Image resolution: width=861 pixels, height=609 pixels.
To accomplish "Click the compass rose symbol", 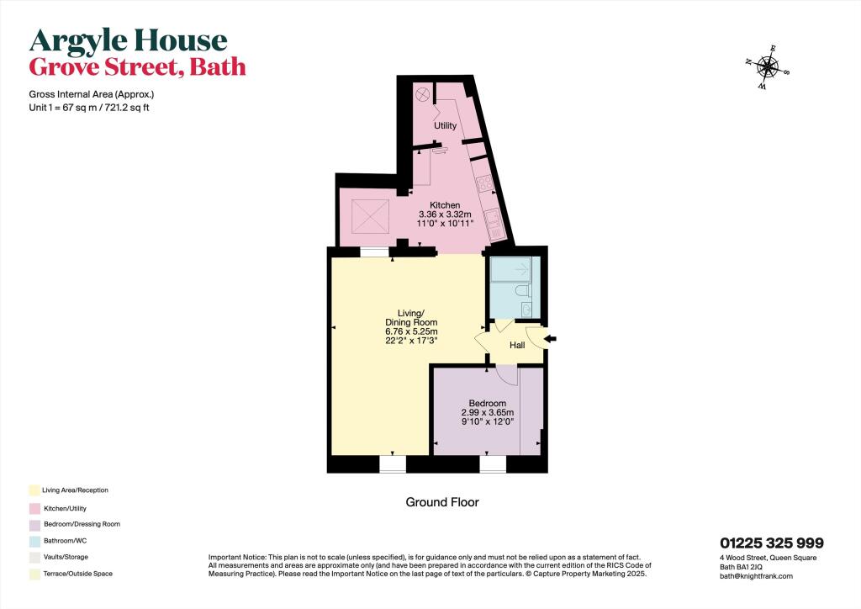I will point(767,66).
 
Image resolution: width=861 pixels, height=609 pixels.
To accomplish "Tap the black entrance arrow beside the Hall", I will point(551,339).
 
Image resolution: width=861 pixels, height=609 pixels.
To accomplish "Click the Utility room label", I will point(445,126).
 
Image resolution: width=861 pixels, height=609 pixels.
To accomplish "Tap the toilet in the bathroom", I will point(524,291).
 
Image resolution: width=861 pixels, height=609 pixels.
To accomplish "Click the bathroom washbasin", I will point(527,310).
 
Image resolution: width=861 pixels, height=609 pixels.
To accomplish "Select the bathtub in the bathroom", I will point(513,269).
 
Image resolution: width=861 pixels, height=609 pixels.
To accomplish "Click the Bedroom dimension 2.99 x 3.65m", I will point(487,413).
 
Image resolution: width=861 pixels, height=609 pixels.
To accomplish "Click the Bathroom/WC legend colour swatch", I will point(34,540).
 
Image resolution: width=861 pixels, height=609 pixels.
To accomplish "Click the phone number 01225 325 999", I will point(771,543).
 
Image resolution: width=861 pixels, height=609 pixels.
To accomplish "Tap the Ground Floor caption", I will point(442,502).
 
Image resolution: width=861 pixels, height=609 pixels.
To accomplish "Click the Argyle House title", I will point(129,40).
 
